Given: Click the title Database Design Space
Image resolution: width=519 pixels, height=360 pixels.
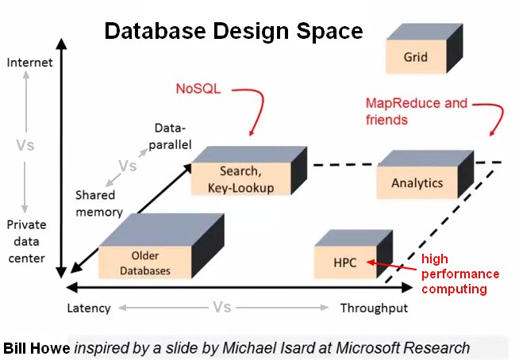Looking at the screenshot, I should pos(234,31).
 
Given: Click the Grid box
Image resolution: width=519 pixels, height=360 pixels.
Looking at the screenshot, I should pos(415,57).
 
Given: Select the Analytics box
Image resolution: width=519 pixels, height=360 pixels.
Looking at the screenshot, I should pos(417,183).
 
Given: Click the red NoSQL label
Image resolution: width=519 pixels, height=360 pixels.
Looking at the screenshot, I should pos(198,88).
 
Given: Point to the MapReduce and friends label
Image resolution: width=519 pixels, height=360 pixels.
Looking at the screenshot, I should pos(416,111).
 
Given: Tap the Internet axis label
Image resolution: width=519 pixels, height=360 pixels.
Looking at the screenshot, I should pos(29,62).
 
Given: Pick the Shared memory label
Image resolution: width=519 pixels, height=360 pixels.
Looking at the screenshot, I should pos(98,203).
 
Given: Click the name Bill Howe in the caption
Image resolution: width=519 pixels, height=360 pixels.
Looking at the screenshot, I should pos(37,347).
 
